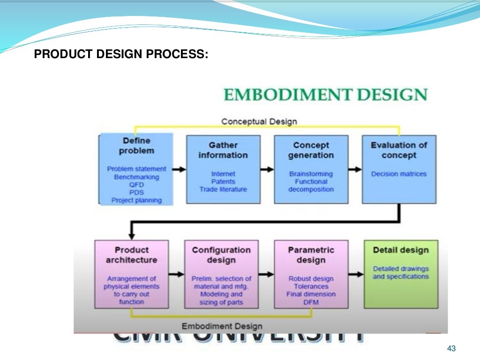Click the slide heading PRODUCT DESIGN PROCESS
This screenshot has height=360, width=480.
[x=121, y=55]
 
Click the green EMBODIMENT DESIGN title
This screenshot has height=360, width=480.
[x=325, y=95]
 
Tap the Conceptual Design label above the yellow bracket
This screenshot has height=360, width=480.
[x=259, y=121]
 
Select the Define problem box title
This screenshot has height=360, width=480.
[x=136, y=146]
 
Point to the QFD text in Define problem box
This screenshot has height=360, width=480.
[x=136, y=185]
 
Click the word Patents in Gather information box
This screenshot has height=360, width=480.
[x=223, y=181]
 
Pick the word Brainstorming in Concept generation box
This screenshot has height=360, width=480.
[x=311, y=174]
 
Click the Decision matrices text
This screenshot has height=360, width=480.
[x=398, y=174]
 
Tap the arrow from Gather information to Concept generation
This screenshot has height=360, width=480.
[x=267, y=169]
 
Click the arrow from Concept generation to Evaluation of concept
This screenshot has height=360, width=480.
[x=355, y=169]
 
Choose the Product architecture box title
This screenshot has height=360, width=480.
[x=131, y=255]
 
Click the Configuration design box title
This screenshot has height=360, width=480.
[x=221, y=255]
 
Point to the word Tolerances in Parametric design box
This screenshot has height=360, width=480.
[x=311, y=286]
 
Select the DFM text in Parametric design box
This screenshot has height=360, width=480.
[x=311, y=302]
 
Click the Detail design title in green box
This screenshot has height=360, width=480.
[x=400, y=250]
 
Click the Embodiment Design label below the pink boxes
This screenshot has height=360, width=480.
[x=222, y=326]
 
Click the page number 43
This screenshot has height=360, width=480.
[x=451, y=348]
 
